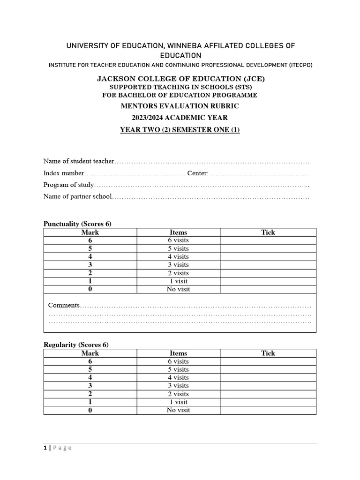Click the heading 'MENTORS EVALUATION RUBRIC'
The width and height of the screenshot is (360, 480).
coord(180,106)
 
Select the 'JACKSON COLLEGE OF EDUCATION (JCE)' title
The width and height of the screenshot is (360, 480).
coord(180,79)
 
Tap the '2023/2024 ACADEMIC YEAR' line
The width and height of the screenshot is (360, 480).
coord(180,118)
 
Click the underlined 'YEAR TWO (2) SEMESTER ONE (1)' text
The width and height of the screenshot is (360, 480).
coord(180,130)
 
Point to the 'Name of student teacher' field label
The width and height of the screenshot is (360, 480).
coord(79,161)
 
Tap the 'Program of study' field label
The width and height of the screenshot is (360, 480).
coord(69,185)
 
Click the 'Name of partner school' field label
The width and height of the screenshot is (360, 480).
coord(78,196)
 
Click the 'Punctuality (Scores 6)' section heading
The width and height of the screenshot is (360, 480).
coord(77,224)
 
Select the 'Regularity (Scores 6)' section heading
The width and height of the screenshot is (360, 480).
coord(76,345)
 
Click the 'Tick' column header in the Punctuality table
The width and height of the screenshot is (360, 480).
coord(268,232)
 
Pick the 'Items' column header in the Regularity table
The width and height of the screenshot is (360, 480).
coord(178,353)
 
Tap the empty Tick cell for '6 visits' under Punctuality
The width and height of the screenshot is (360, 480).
coord(268,240)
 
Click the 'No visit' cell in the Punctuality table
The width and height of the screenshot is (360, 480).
coord(178,289)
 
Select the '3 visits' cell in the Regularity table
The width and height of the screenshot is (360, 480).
coord(178,386)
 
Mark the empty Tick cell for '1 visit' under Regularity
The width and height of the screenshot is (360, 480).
coord(268,402)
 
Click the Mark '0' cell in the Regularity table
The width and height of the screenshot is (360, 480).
coord(90,411)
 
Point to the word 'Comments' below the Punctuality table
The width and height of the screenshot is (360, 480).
coord(64,305)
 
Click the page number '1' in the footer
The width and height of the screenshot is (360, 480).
coord(45,448)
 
